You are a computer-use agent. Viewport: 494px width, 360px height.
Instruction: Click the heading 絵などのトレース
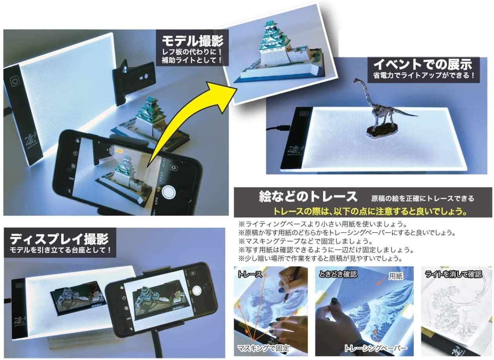[308, 196]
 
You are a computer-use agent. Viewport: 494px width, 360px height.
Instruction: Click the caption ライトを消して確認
[453, 274]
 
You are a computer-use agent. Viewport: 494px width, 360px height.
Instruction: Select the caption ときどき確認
[338, 274]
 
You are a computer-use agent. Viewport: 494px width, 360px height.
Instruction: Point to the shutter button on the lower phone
[197, 290]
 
